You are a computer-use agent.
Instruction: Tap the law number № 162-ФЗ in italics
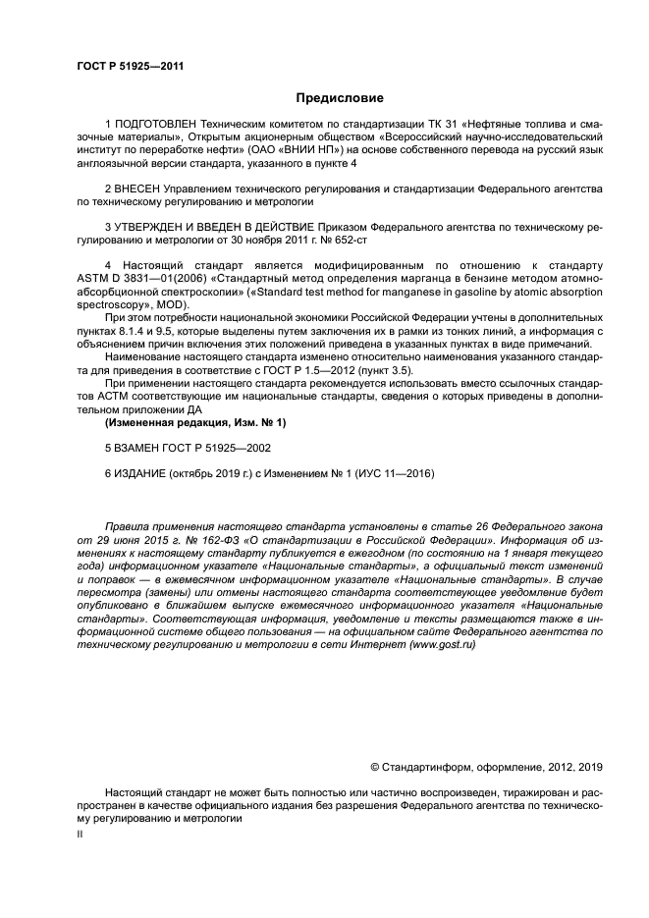coord(165,541)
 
